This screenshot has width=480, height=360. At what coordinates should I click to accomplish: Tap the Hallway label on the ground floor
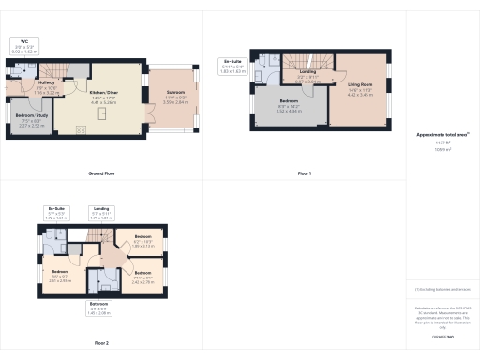click(46, 82)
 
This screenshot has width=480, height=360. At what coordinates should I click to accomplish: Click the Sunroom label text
click(176, 98)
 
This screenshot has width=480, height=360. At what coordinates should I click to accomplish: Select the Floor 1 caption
click(305, 173)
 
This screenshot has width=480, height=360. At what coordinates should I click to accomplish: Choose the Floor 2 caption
click(101, 343)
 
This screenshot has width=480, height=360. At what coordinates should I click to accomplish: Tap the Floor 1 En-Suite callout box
click(232, 66)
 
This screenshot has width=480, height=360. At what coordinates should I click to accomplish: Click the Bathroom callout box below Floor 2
click(100, 307)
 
